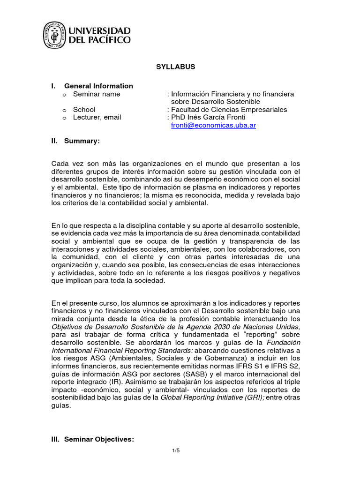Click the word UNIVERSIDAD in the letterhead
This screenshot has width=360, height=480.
click(100, 30)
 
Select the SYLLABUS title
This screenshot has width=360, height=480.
click(175, 67)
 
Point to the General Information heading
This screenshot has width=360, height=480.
click(98, 86)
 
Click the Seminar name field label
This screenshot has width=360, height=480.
click(97, 94)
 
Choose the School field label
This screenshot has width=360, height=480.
click(84, 110)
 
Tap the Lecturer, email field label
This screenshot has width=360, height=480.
click(97, 117)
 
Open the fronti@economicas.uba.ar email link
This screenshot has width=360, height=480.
click(213, 126)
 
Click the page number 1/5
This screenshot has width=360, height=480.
click(176, 450)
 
